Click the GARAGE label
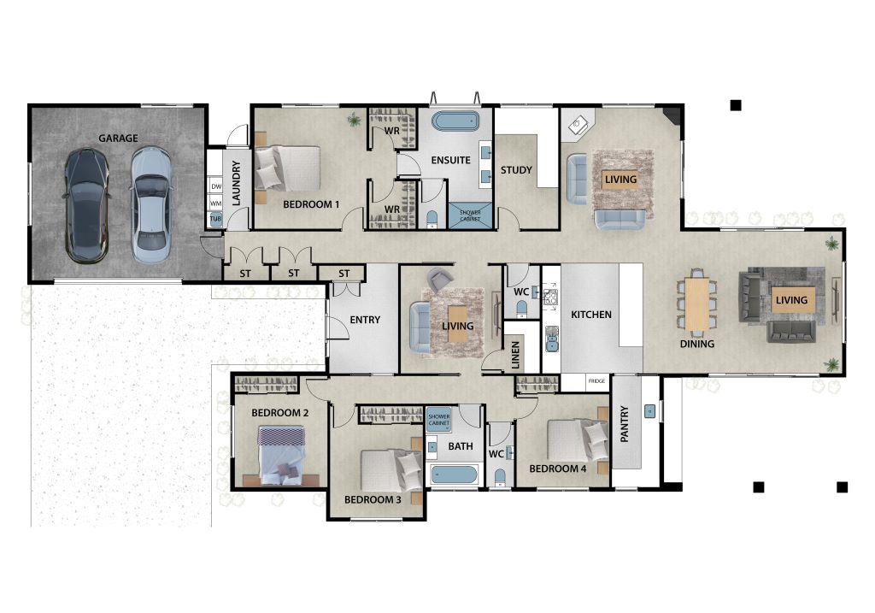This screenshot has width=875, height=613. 118,138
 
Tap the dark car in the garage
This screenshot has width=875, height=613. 86,205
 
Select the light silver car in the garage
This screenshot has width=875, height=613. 150,205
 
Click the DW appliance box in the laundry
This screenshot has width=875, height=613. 216,186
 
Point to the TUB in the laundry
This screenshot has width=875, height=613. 216,219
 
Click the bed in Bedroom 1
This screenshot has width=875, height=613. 287,168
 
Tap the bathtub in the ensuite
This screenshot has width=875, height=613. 455,121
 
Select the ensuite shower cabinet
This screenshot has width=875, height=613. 471,215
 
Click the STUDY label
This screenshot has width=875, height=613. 516,170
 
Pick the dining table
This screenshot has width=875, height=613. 697,304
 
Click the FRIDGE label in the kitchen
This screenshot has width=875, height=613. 596,380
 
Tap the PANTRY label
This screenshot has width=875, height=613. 625,424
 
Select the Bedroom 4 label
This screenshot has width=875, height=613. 557,469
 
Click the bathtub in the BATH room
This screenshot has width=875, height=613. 453,475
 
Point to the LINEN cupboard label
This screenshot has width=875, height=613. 515,355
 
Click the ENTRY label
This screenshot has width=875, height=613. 365,320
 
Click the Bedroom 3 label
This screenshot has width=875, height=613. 373,499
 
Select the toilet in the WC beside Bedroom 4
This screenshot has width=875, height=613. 500,478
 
